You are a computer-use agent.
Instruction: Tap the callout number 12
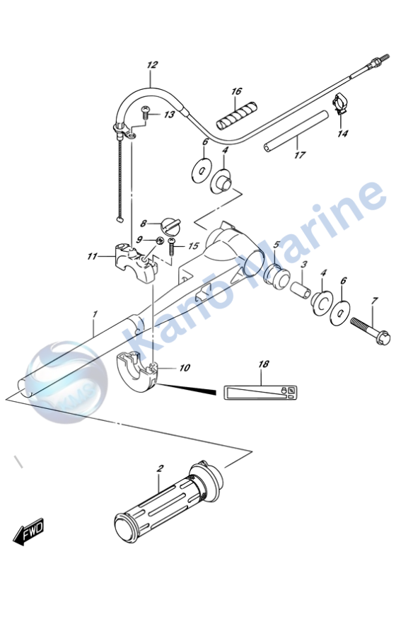point(152,66)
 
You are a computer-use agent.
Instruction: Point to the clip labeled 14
point(340,105)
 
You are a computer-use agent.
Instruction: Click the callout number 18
point(264,364)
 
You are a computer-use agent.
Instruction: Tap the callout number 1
point(95,313)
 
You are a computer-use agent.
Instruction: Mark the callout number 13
point(169,115)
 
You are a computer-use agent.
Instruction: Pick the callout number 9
point(141,241)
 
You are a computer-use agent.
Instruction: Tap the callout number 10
point(185,368)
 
